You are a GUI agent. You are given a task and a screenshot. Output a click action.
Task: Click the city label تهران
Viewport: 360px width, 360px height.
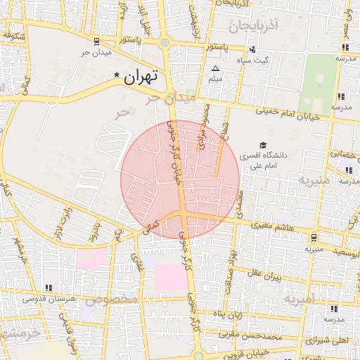coord(141,77)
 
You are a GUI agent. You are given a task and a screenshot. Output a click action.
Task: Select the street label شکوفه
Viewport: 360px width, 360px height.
coord(15,36)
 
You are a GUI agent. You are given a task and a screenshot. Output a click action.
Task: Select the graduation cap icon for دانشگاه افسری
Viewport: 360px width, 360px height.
coord(262,145)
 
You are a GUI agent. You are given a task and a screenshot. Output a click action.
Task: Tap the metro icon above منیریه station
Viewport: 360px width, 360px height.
coord(313,237)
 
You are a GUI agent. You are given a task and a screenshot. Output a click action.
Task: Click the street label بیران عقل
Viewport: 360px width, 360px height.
coord(265,276)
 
